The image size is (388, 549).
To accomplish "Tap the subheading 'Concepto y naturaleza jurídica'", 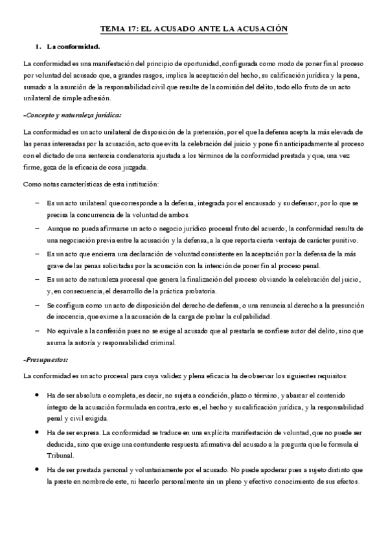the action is click(72, 115).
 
